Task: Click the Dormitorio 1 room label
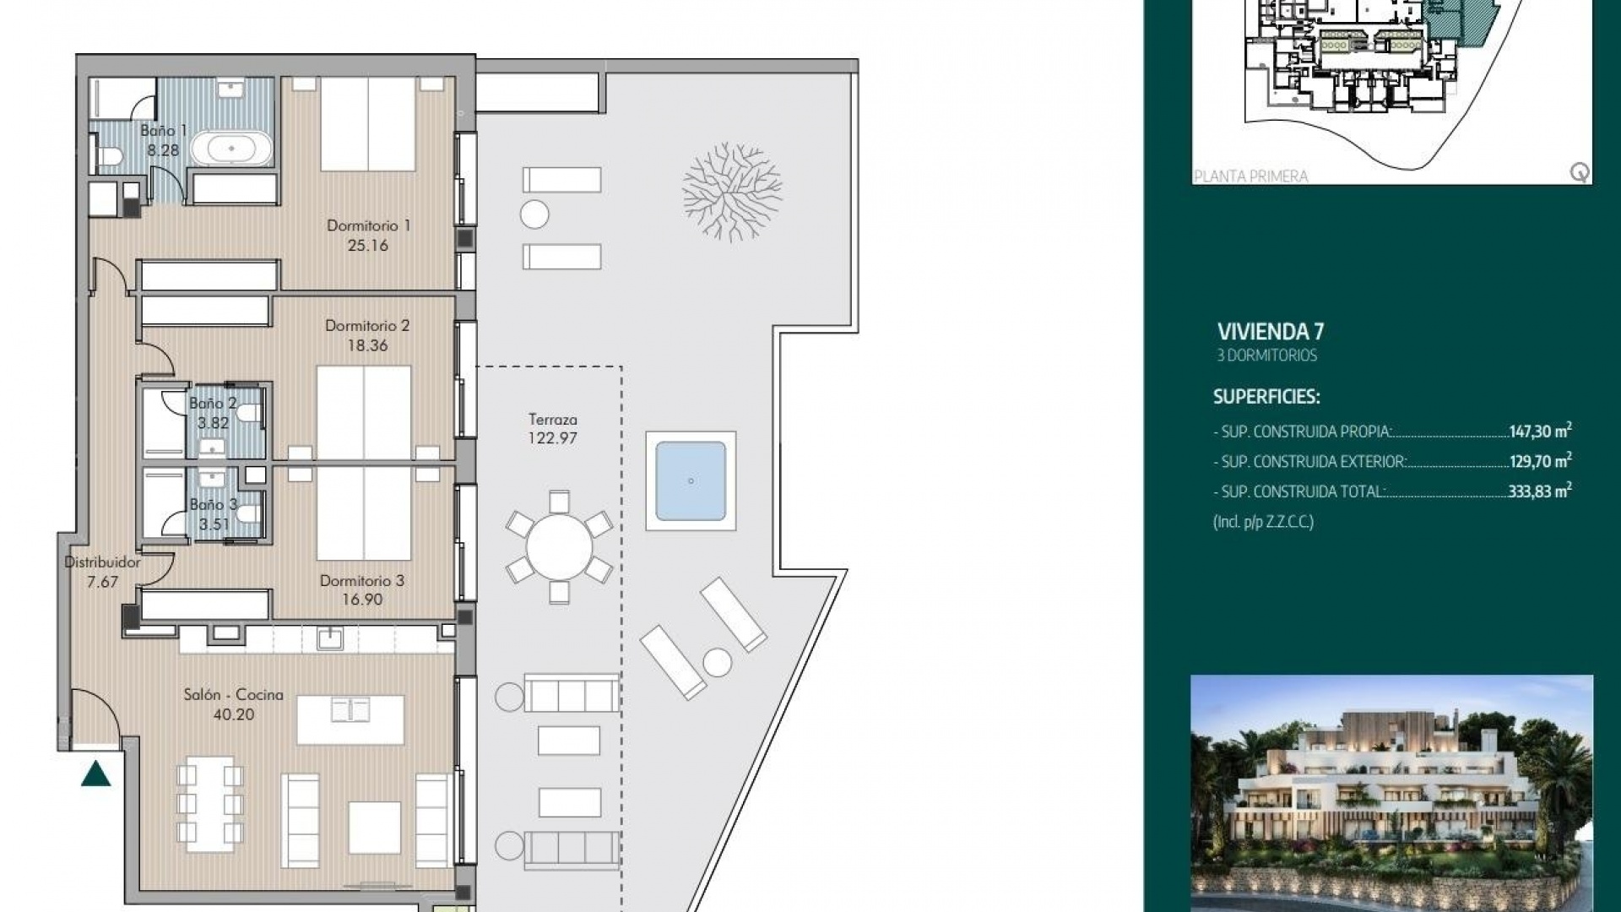[368, 225]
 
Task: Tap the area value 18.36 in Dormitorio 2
[367, 345]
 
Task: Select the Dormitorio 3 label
[361, 581]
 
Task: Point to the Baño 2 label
[212, 404]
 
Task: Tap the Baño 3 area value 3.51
[214, 524]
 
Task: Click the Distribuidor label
[102, 562]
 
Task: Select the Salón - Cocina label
[233, 695]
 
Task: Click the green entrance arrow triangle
[96, 774]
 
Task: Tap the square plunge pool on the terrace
[691, 481]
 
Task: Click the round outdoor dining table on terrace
[559, 547]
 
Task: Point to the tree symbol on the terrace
[731, 193]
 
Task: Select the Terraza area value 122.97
[552, 438]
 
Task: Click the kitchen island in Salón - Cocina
[350, 719]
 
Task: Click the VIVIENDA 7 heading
[1270, 331]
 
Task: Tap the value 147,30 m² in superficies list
[1540, 431]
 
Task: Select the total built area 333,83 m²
[1539, 491]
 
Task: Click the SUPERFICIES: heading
[1266, 396]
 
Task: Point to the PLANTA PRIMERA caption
[1250, 176]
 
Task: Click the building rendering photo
[1391, 792]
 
